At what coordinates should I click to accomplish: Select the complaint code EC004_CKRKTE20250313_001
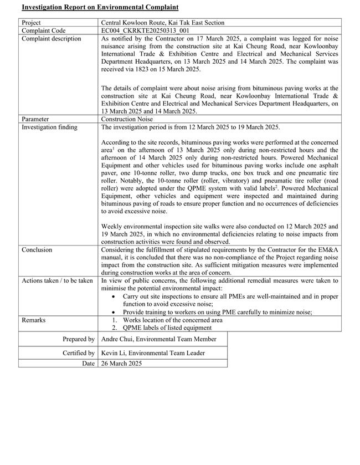point(146,30)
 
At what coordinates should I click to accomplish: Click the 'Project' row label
point(32,23)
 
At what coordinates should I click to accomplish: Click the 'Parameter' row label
point(35,119)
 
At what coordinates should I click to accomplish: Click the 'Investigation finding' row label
point(49,127)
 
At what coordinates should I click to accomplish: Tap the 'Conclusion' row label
point(37,250)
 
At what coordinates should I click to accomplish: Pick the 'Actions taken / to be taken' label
point(57,281)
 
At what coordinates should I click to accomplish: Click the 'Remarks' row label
point(34,320)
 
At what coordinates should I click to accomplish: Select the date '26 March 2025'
point(121,364)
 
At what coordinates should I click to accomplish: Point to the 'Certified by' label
point(79,353)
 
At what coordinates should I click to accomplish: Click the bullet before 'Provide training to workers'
point(114,313)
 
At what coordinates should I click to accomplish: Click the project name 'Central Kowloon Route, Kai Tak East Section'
point(163,23)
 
